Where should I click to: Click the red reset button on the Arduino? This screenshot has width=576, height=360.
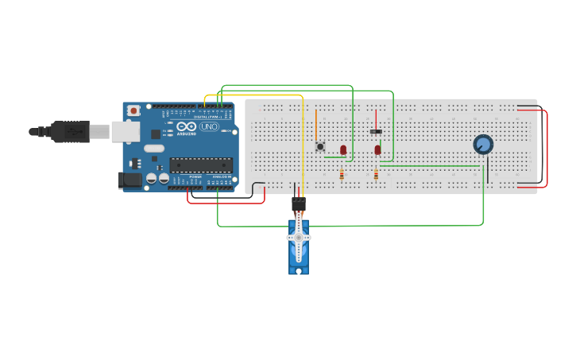[x=133, y=110]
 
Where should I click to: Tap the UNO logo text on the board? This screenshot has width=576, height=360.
[x=209, y=127]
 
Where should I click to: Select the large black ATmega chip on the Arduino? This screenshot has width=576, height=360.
[x=200, y=165]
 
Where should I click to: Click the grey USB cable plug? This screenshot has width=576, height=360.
[x=74, y=131]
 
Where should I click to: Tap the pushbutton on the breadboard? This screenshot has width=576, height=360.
[x=320, y=146]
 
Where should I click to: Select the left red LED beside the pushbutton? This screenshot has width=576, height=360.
[x=343, y=149]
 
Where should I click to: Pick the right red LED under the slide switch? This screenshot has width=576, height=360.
[x=378, y=149]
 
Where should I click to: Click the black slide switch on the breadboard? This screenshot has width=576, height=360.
[x=376, y=131]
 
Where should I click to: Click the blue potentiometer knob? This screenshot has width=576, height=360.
[x=483, y=145]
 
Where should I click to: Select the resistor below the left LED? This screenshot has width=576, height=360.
[x=342, y=176]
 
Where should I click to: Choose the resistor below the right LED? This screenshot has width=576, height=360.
[x=376, y=176]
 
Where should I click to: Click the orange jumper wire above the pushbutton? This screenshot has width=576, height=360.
[x=316, y=123]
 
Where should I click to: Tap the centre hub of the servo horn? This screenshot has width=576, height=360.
[x=299, y=238]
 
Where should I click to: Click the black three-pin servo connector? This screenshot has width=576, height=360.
[x=299, y=204]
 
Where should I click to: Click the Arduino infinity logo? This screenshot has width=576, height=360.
[x=187, y=127]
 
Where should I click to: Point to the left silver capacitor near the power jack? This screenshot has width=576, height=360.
[x=151, y=180]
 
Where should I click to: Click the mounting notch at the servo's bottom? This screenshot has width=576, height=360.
[x=299, y=271]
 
